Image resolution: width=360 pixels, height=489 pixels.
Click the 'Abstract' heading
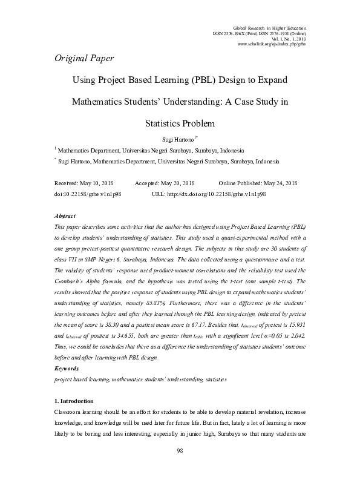(65, 215)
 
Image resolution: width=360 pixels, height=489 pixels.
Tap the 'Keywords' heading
(67, 368)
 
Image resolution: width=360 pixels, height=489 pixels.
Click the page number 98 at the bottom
(180, 467)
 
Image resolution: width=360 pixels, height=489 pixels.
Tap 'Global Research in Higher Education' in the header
(269, 28)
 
